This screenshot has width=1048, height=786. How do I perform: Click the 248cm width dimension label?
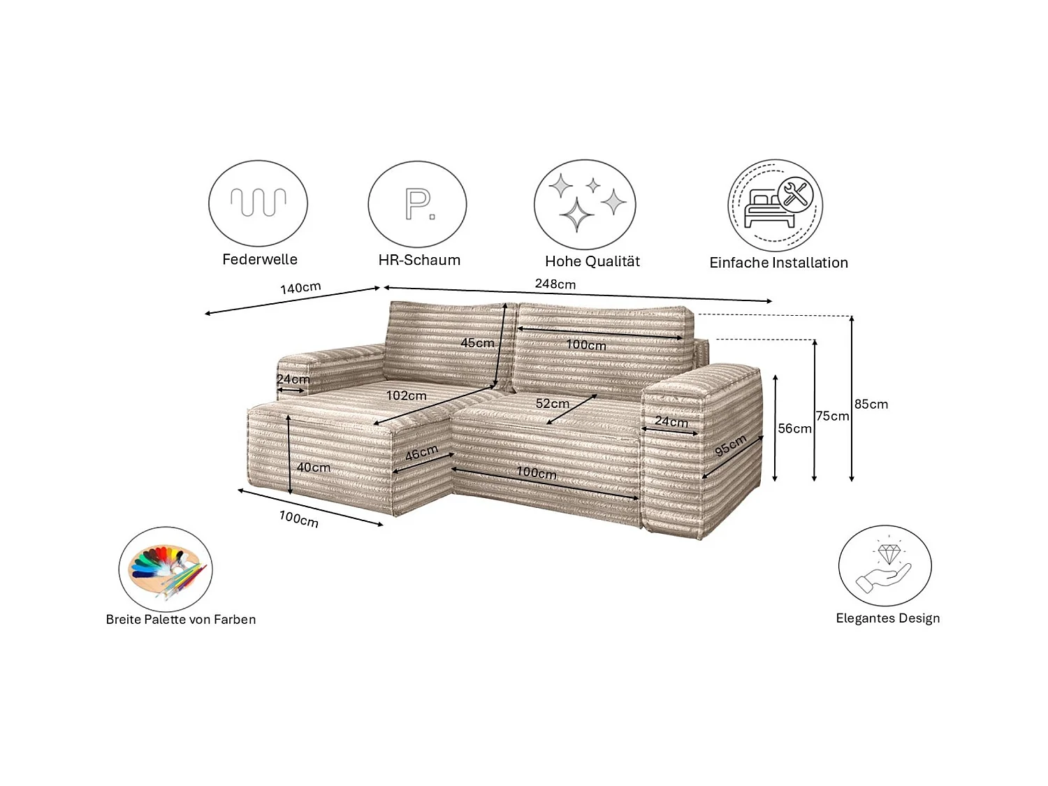[555, 284]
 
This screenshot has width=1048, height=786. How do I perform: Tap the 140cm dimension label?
[300, 288]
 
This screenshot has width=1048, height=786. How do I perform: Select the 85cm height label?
[871, 404]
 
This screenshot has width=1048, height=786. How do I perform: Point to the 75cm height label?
[832, 416]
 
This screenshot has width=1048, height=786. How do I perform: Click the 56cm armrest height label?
[795, 428]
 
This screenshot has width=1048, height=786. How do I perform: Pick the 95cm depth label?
[730, 445]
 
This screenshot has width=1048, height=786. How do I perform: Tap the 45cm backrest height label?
[477, 343]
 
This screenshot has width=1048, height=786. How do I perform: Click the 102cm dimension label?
[407, 395]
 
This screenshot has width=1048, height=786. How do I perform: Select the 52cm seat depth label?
[553, 403]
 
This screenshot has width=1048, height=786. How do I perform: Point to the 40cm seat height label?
[314, 467]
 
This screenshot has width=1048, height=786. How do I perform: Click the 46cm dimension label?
[421, 453]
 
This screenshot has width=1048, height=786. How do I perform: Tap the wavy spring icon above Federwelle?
[259, 203]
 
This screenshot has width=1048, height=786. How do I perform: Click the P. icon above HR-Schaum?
[418, 204]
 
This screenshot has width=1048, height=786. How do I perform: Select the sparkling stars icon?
[585, 205]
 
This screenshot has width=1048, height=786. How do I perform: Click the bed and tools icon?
[776, 205]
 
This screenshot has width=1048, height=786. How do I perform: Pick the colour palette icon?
[166, 569]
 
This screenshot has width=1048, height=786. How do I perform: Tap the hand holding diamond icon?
[885, 566]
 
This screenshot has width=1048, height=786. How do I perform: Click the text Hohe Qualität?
[592, 261]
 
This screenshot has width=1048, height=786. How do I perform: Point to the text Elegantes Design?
[887, 618]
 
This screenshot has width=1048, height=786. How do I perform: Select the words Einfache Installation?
[778, 263]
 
